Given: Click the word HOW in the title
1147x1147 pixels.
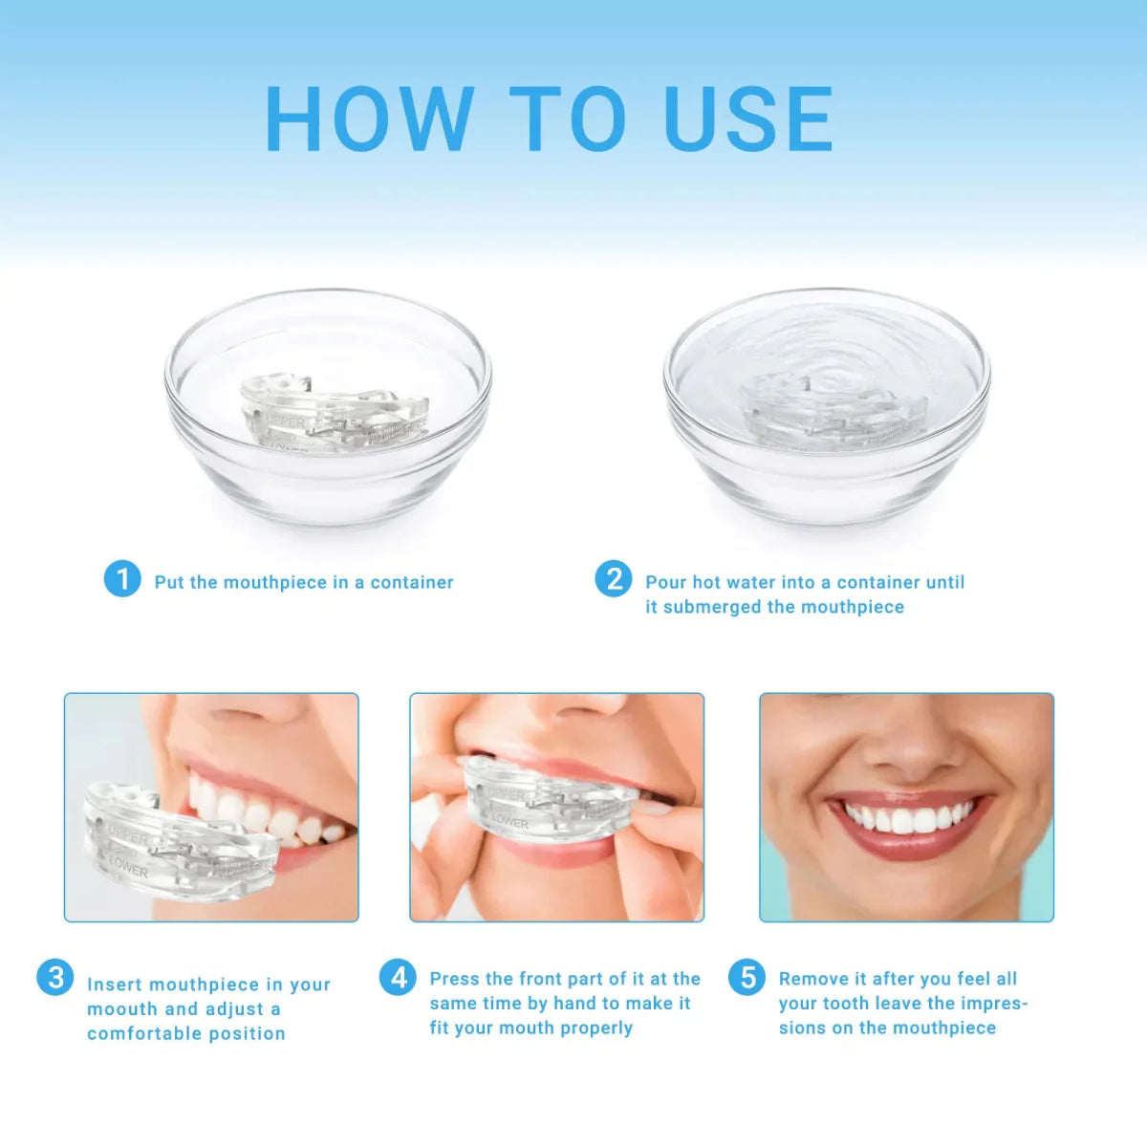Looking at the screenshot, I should (x=368, y=119).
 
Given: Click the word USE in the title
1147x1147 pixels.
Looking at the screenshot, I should (x=747, y=119).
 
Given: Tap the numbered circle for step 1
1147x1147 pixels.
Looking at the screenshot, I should (x=122, y=579).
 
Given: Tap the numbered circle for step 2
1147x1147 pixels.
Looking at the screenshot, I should (x=613, y=579).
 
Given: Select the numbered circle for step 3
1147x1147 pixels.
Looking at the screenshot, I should (x=55, y=977).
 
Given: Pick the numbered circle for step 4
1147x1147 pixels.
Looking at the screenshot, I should (x=398, y=977).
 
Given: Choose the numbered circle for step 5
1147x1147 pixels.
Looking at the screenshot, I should (x=747, y=977).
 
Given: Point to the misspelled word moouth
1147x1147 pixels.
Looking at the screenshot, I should (x=121, y=1009).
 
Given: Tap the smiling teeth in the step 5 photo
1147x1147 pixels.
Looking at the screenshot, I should (x=908, y=818).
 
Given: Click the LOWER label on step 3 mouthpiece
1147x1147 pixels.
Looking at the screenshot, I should (x=130, y=866).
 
